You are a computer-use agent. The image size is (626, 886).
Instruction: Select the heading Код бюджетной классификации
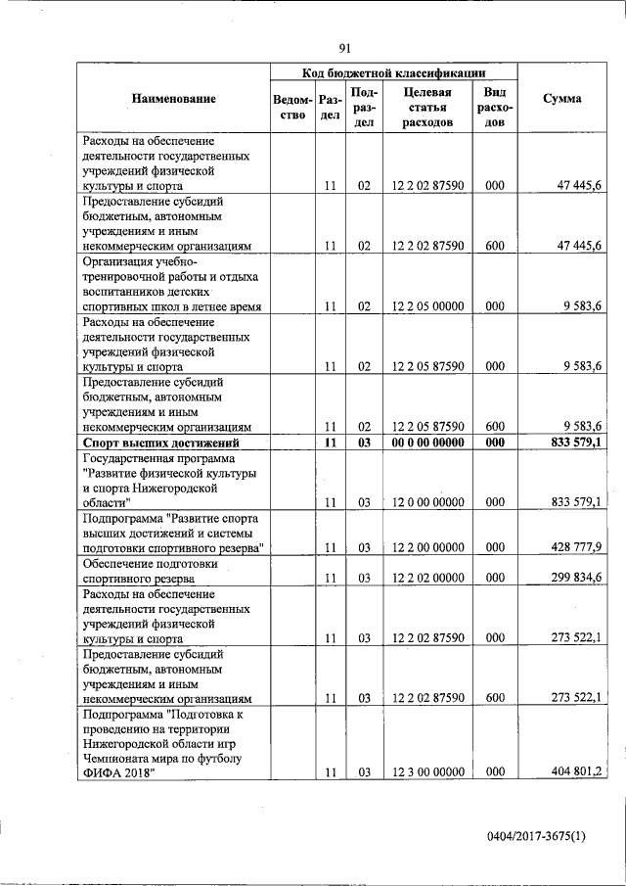pos(393,72)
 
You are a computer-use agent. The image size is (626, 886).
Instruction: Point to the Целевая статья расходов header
pos(426,108)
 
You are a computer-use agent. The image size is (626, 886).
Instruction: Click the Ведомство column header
pos(293,108)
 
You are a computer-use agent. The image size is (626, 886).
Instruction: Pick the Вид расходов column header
pos(494,108)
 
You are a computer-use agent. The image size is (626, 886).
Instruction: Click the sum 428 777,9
pos(577,546)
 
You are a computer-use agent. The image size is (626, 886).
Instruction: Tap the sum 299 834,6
pos(577,578)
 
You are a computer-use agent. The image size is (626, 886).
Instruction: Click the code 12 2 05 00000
pos(427,305)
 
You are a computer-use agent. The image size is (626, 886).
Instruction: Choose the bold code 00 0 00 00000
pos(427,443)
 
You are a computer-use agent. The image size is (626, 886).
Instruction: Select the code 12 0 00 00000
pos(427,501)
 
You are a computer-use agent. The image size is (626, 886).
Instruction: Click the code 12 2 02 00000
pos(427,578)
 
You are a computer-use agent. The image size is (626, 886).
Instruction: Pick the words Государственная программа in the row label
pos(159,458)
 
